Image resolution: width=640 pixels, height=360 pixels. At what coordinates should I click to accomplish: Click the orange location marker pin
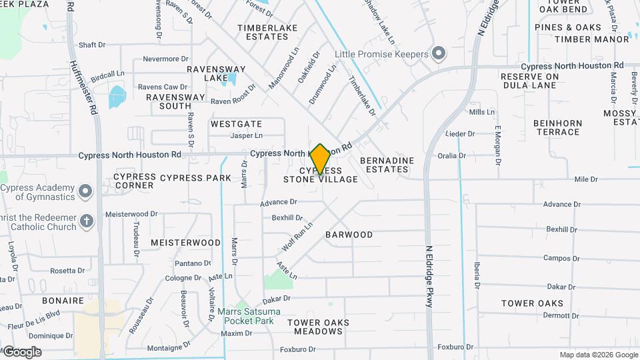(x=321, y=159)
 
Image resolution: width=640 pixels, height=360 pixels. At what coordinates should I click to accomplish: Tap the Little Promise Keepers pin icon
(x=438, y=53)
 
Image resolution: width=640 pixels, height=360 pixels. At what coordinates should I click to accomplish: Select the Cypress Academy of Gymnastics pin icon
(x=85, y=192)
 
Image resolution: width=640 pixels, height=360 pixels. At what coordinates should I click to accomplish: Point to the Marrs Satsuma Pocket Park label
(x=249, y=316)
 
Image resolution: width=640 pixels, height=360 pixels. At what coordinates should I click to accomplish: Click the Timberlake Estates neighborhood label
(x=263, y=32)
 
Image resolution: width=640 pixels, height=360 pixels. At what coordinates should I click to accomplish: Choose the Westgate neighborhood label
(x=236, y=124)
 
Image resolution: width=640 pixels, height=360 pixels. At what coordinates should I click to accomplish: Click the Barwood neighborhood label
(x=349, y=235)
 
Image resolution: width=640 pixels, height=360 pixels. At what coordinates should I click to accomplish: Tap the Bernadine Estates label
(x=387, y=165)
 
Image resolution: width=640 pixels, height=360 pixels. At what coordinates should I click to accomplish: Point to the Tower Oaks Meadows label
(x=318, y=327)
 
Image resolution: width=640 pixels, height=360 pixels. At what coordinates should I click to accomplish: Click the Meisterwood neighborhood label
(x=185, y=242)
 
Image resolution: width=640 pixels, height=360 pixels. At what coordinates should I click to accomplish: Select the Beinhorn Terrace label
(x=557, y=127)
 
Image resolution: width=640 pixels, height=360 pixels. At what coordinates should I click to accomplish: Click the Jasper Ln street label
(x=246, y=135)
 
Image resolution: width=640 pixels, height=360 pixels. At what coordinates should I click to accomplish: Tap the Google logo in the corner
(x=21, y=352)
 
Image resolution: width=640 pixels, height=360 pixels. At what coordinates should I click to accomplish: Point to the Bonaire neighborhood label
(x=63, y=301)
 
